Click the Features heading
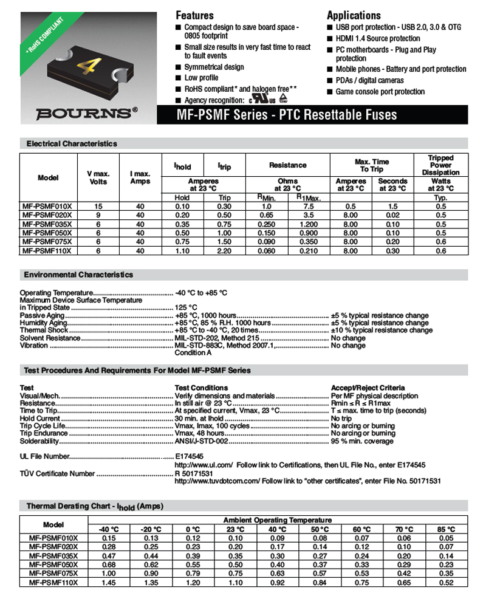click(x=194, y=15)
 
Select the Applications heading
click(x=354, y=15)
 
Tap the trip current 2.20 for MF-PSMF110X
click(x=225, y=250)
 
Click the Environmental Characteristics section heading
click(x=80, y=275)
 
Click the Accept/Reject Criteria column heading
click(x=368, y=388)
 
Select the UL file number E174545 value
click(x=189, y=456)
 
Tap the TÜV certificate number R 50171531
click(x=193, y=473)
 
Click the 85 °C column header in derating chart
click(x=447, y=529)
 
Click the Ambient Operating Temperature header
click(x=278, y=520)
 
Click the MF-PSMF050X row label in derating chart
click(x=54, y=564)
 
